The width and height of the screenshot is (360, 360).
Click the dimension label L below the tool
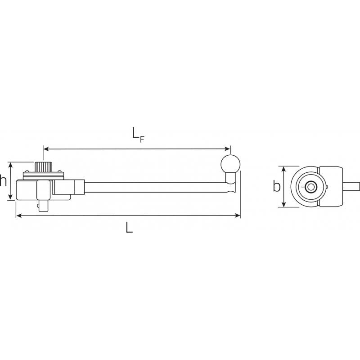(x=129, y=228)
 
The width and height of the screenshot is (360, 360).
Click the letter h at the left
(x=4, y=181)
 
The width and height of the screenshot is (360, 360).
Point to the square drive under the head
(x=43, y=206)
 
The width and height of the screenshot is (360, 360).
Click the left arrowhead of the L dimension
(x=18, y=216)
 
